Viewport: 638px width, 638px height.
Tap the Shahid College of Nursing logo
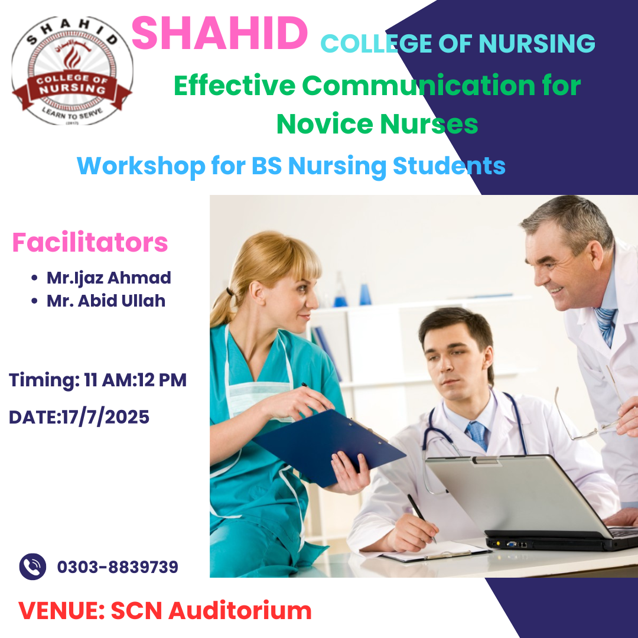(72, 71)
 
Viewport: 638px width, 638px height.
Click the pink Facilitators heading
(90, 243)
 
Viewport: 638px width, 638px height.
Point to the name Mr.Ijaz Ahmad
(109, 278)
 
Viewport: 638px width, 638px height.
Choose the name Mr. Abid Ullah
(106, 301)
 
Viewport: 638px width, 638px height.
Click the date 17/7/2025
(106, 417)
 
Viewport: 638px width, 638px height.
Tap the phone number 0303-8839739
(118, 567)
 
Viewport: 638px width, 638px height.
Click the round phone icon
(32, 567)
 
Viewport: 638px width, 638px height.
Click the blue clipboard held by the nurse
(329, 448)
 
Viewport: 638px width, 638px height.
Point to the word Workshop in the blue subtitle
(141, 166)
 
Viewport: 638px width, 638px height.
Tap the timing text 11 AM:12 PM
(135, 380)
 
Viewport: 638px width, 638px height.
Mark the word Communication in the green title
(418, 86)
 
